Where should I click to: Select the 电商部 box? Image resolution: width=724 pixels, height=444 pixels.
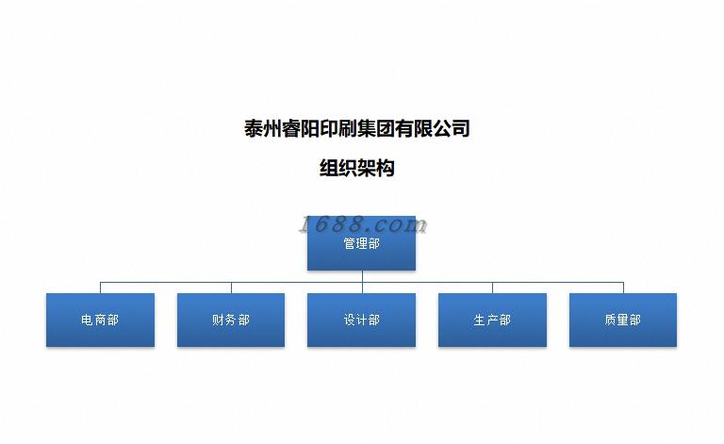[x=100, y=321]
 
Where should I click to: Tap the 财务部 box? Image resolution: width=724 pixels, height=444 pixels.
[x=231, y=321]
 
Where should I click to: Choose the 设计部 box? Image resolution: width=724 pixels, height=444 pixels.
[x=361, y=321]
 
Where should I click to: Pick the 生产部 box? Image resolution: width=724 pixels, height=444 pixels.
[x=492, y=321]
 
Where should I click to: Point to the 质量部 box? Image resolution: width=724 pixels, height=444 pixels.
[x=622, y=321]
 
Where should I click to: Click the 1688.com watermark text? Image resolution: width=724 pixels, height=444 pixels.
[x=363, y=224]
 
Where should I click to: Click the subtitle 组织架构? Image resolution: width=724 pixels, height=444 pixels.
[x=356, y=169]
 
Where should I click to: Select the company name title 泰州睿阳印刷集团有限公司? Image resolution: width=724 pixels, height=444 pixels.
[x=356, y=128]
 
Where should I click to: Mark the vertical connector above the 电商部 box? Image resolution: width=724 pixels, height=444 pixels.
[x=101, y=288]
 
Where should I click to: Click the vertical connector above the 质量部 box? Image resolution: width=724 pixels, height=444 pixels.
[x=623, y=288]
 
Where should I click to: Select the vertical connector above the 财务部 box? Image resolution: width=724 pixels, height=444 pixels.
[x=231, y=288]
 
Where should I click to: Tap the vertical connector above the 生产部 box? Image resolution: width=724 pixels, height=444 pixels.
[x=492, y=288]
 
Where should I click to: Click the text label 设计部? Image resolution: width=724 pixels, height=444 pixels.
[x=361, y=321]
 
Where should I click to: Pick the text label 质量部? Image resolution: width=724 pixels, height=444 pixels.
[x=622, y=321]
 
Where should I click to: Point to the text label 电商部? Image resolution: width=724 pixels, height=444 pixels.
[x=100, y=321]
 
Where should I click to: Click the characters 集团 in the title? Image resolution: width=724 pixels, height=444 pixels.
[x=368, y=128]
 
